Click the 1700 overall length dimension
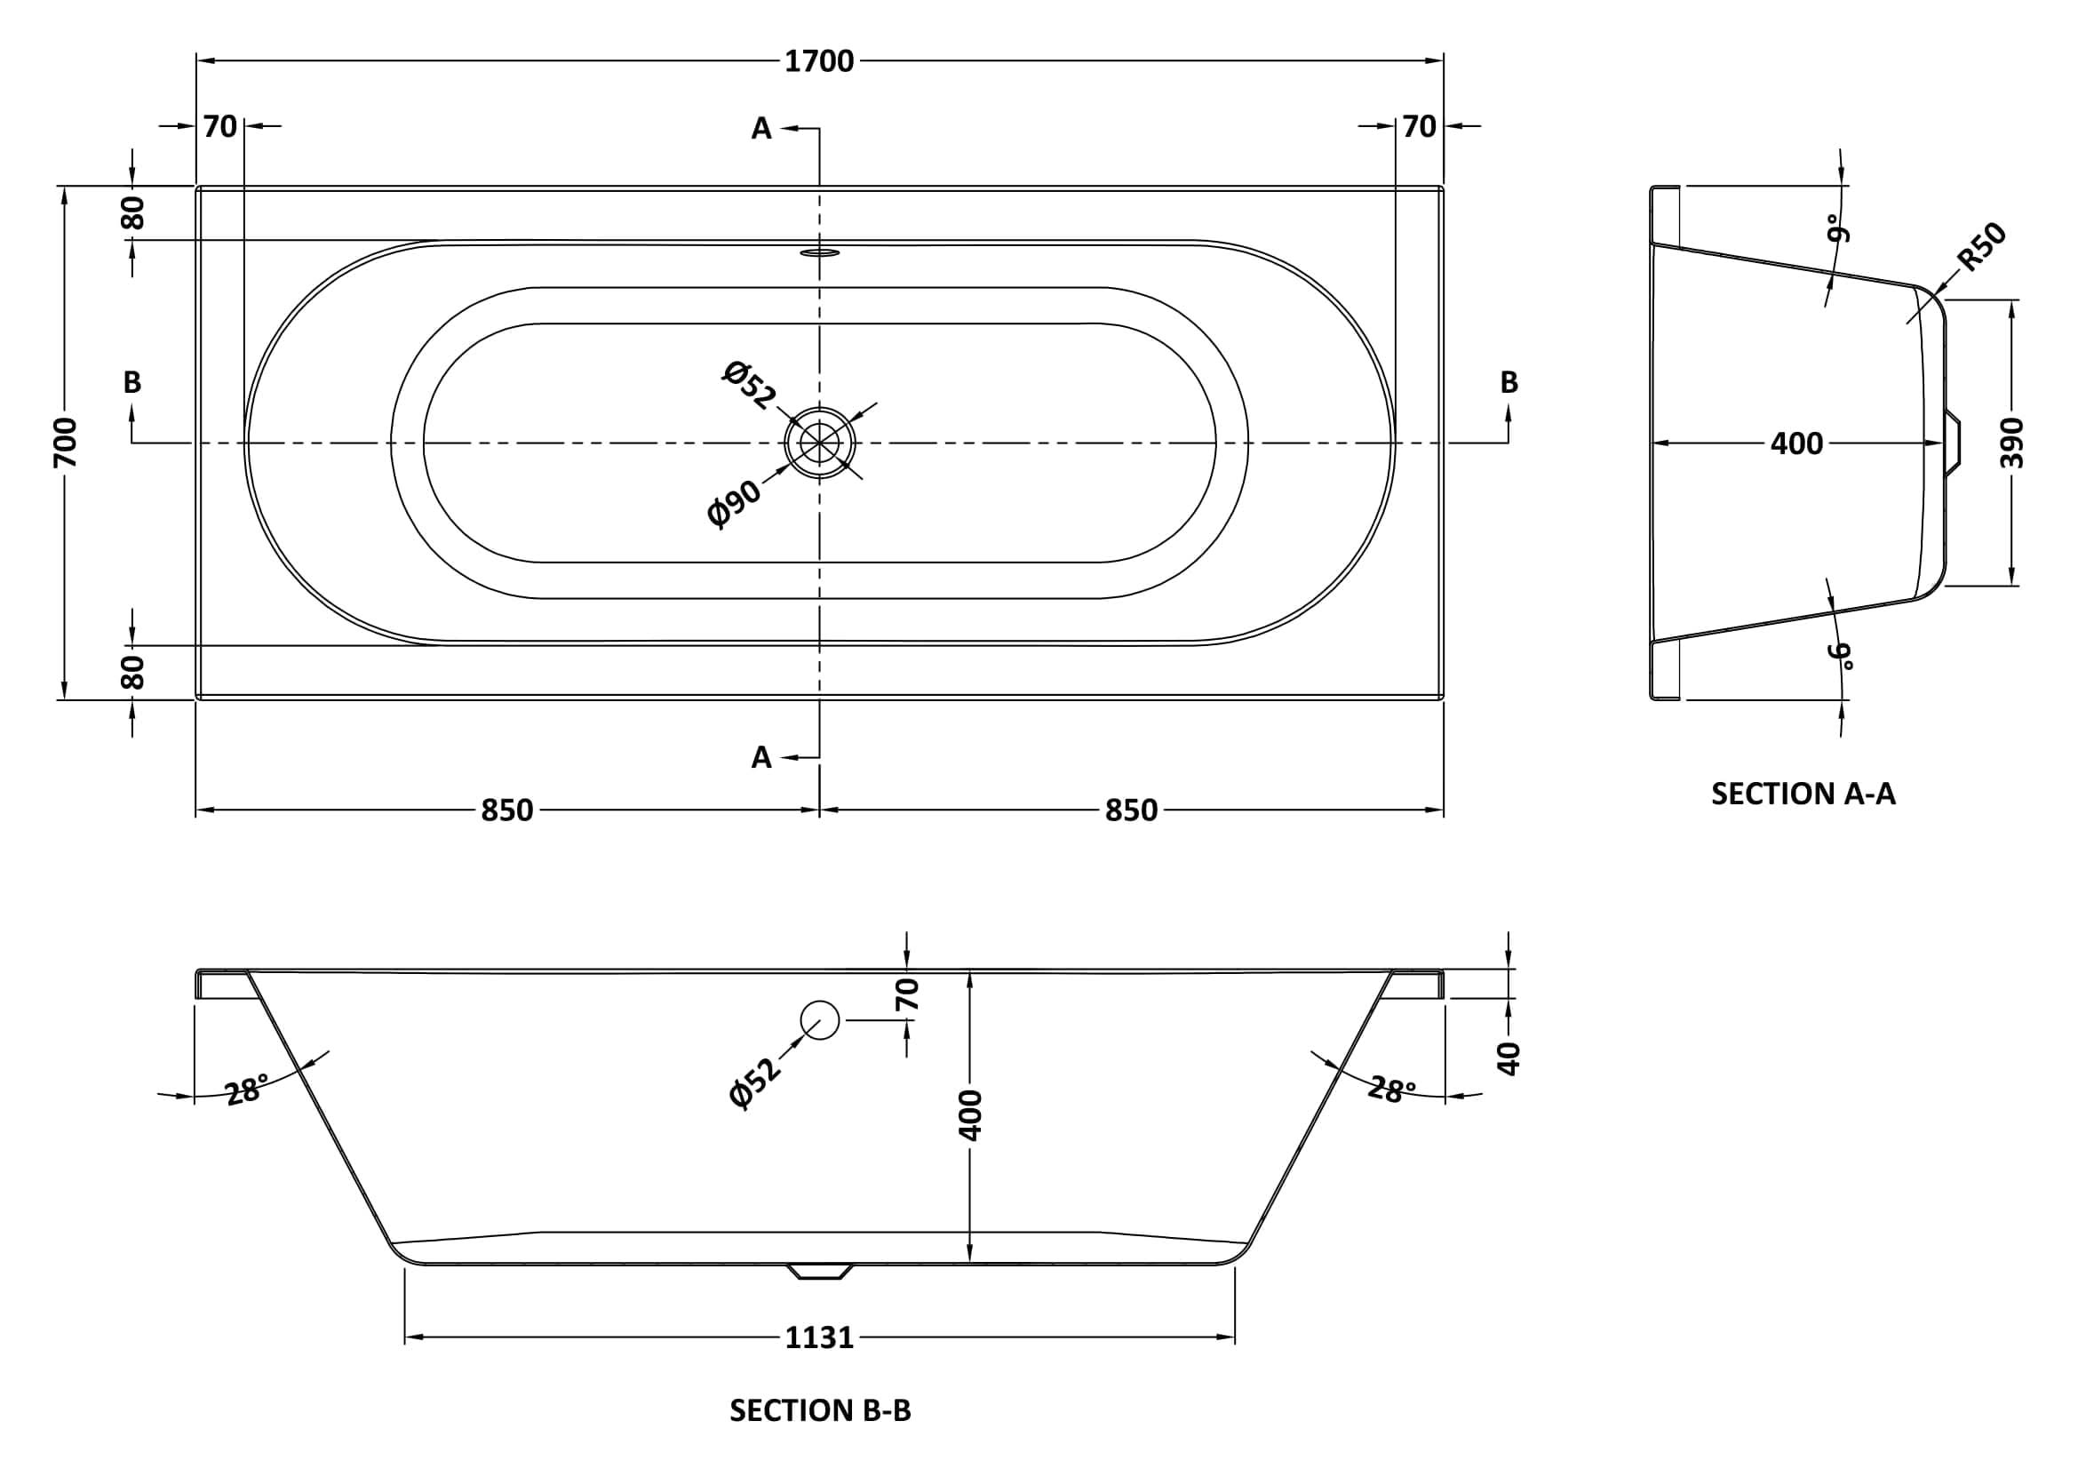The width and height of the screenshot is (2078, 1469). pyautogui.click(x=819, y=61)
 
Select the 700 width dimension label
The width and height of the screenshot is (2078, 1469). pyautogui.click(x=66, y=443)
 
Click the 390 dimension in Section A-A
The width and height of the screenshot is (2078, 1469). pyautogui.click(x=2010, y=443)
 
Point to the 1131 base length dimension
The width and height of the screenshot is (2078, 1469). pyautogui.click(x=819, y=1337)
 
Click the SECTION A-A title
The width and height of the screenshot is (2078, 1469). pyautogui.click(x=1803, y=794)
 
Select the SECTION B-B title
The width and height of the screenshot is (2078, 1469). pyautogui.click(x=820, y=1410)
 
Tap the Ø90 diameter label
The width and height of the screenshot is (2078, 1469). pyautogui.click(x=734, y=502)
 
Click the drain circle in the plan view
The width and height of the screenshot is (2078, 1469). pyautogui.click(x=820, y=443)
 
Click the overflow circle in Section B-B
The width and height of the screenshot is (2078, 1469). pyautogui.click(x=820, y=1020)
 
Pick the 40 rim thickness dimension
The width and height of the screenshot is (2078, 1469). pyautogui.click(x=1509, y=1058)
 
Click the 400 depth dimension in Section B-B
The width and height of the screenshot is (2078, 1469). pyautogui.click(x=969, y=1115)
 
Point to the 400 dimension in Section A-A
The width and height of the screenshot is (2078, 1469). pyautogui.click(x=1796, y=443)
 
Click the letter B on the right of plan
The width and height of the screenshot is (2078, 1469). pyautogui.click(x=1509, y=383)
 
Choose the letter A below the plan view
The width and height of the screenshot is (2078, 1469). pyautogui.click(x=761, y=756)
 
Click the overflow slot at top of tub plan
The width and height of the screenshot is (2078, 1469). pyautogui.click(x=820, y=251)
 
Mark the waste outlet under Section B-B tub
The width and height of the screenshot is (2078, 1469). pyautogui.click(x=820, y=1271)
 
